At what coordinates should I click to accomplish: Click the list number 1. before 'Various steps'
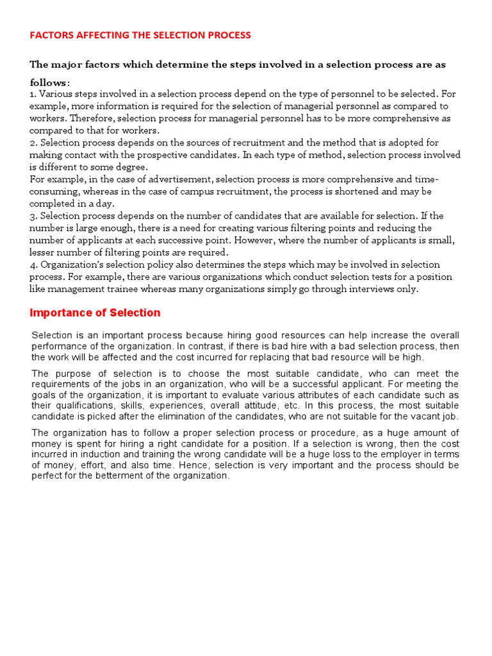tap(33, 94)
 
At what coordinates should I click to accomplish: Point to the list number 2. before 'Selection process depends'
tap(33, 143)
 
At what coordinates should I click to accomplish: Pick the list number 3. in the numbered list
tap(33, 216)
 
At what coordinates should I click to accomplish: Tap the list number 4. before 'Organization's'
tap(33, 265)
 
